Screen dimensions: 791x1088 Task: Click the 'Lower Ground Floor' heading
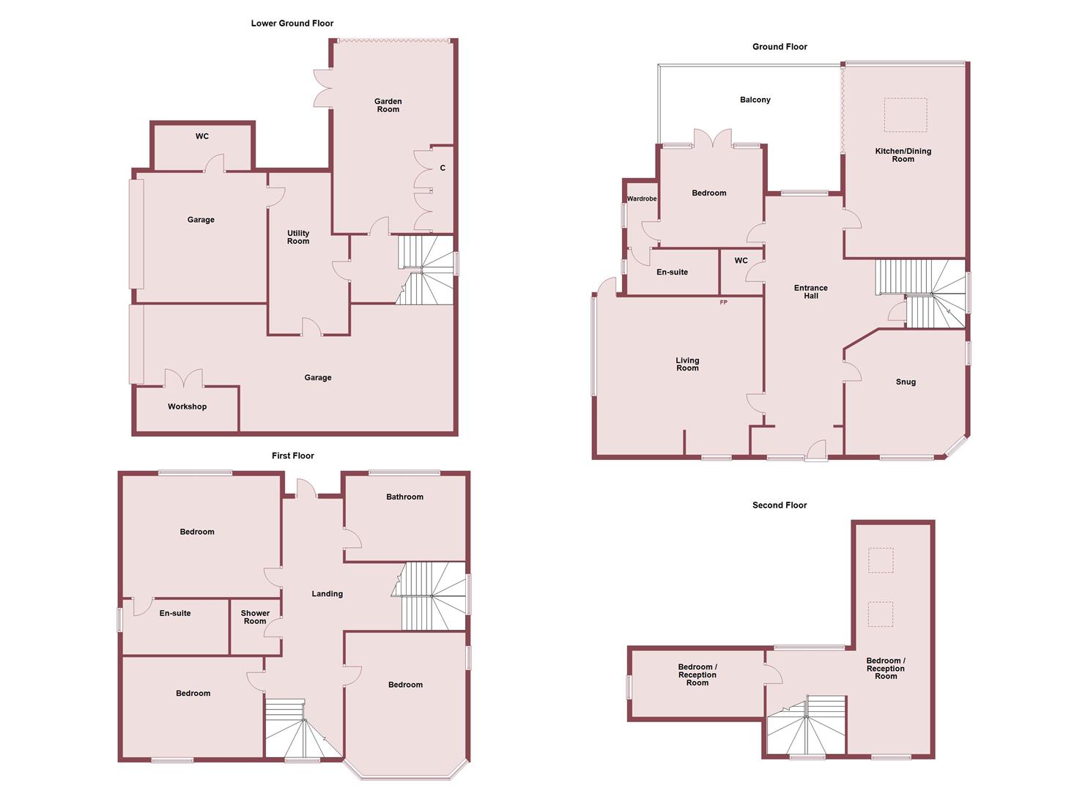pos(292,23)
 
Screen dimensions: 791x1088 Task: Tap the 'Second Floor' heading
pos(779,505)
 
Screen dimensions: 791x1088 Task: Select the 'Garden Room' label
pos(388,105)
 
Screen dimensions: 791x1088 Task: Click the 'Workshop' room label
pos(187,406)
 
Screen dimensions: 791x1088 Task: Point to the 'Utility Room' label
pos(297,237)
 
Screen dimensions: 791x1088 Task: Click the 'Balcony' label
pos(755,100)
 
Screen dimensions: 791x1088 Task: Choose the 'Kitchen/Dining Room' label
pos(903,155)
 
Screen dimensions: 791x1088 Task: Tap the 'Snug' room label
pos(905,382)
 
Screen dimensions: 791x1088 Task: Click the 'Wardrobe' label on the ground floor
pos(641,199)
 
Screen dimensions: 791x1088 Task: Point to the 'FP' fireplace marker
pos(723,302)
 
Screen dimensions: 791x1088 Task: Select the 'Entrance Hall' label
pos(810,291)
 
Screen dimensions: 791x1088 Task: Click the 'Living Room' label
pos(687,364)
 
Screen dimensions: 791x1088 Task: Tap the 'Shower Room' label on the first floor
pos(255,617)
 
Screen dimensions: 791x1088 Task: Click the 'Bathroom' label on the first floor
pos(404,497)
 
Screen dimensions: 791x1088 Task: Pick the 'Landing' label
pos(327,594)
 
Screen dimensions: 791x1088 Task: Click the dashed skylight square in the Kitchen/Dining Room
pos(905,115)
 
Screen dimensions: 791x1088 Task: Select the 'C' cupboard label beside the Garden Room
pos(443,168)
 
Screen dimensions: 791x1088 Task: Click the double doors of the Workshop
pos(183,379)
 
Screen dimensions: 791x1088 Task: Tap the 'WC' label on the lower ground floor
pos(201,136)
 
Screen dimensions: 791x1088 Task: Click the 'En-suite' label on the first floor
pos(174,613)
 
